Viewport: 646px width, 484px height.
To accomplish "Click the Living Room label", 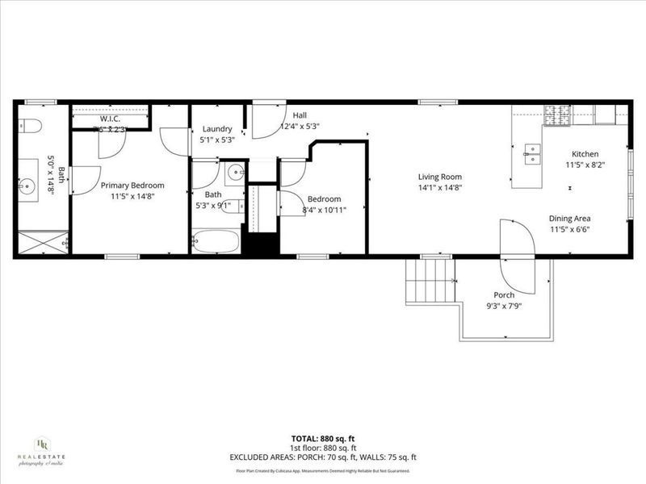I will pos(439,177).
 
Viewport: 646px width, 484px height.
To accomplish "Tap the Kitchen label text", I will pos(585,153).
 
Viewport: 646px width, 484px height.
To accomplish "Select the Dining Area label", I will pos(570,218).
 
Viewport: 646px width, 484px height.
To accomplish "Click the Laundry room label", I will pos(217,129).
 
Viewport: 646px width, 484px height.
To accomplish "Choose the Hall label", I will pos(300,115).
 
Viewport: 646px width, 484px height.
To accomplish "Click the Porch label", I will pos(505,295).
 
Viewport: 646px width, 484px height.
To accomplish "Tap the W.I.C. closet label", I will pos(110,119).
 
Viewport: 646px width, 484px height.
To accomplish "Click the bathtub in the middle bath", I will pos(216,241).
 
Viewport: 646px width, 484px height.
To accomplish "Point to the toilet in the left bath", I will pos(28,126).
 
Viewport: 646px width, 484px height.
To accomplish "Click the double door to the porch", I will pos(517,257).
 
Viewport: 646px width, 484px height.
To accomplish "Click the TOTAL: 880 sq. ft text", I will pos(323,438).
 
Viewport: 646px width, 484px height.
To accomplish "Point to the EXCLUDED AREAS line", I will pos(323,457).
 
